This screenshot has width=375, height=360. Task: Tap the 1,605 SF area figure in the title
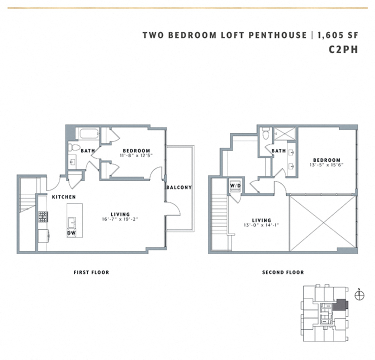click(x=337, y=35)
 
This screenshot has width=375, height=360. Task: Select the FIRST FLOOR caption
click(x=91, y=272)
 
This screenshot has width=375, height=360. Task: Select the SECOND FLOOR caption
click(x=283, y=272)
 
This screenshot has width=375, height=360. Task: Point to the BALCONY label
click(x=179, y=187)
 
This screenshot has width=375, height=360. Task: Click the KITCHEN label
click(x=64, y=197)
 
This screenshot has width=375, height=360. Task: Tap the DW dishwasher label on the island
click(x=72, y=232)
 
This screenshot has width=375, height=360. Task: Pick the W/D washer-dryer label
click(x=235, y=185)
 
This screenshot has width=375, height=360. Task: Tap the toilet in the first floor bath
click(x=74, y=147)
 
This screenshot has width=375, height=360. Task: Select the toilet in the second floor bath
click(x=266, y=133)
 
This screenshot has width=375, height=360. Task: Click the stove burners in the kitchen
click(x=43, y=216)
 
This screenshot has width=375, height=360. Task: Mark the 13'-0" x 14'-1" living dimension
click(x=262, y=225)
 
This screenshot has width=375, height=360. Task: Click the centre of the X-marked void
click(x=322, y=221)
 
